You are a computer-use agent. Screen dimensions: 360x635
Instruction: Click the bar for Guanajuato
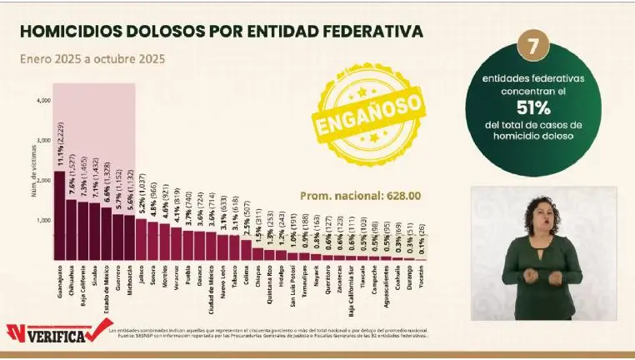59,217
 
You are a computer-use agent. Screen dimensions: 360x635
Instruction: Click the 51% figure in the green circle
532,107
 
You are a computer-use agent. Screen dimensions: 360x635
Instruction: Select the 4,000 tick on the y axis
44,101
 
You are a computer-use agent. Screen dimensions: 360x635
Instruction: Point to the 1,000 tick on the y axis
44,221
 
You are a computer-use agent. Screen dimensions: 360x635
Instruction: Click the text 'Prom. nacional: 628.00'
360,196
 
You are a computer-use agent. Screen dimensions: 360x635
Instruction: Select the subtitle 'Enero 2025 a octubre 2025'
92,59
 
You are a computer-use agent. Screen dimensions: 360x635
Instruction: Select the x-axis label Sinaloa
95,279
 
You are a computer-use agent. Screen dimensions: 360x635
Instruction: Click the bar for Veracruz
176,244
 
